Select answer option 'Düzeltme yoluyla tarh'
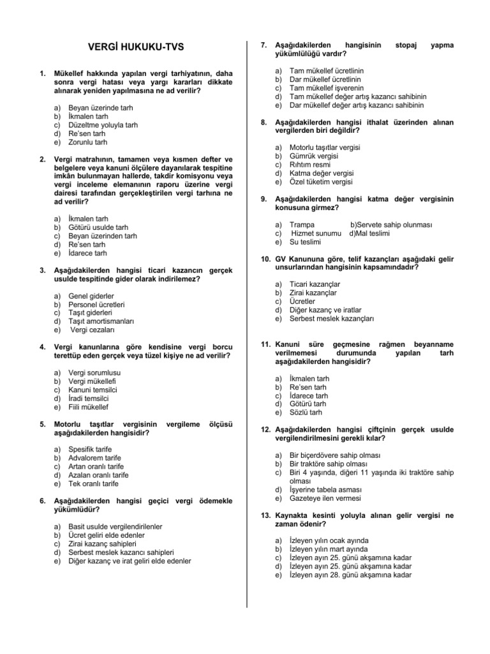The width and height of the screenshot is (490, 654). (x=103, y=125)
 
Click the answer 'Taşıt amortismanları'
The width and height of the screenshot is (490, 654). (x=101, y=321)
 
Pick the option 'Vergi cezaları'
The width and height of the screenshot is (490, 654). (x=93, y=330)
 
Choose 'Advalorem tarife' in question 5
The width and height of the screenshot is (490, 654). (x=94, y=458)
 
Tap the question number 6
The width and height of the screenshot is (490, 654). (x=42, y=501)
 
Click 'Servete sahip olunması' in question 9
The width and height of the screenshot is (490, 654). (x=391, y=225)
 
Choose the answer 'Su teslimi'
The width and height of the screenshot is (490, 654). (x=306, y=242)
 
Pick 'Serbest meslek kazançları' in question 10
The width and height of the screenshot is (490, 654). (x=332, y=318)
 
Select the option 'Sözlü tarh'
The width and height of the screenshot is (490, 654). (x=306, y=413)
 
